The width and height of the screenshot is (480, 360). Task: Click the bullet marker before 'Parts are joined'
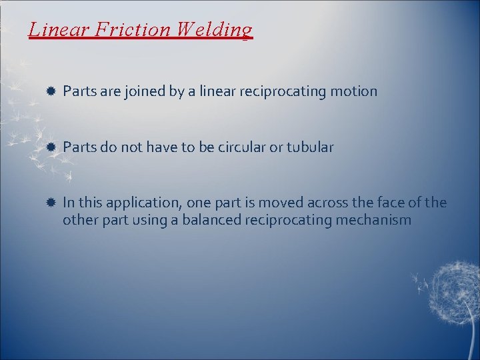click(x=51, y=91)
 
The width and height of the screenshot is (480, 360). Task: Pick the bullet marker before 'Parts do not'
click(x=51, y=147)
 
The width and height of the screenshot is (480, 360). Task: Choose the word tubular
click(x=310, y=147)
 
